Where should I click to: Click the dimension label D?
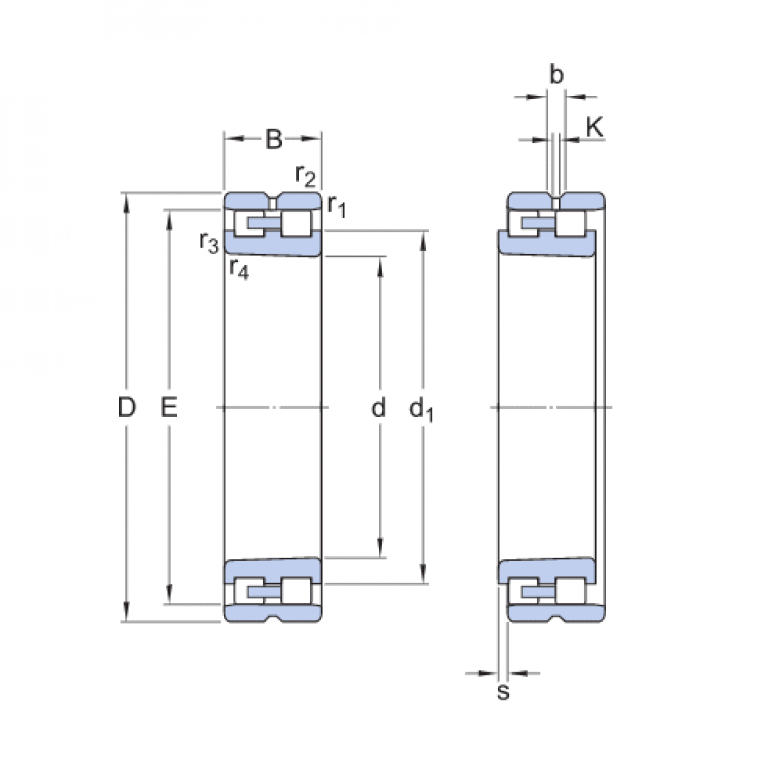point(127,407)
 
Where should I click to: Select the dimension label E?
point(169,407)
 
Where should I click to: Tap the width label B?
point(273,139)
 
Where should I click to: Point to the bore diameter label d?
point(379,407)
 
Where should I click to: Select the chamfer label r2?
point(306,175)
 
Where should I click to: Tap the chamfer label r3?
point(208,242)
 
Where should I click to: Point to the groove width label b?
point(556,75)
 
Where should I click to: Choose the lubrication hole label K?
point(594,127)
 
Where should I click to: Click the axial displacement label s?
point(503,692)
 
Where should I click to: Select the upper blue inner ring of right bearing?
point(547,244)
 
